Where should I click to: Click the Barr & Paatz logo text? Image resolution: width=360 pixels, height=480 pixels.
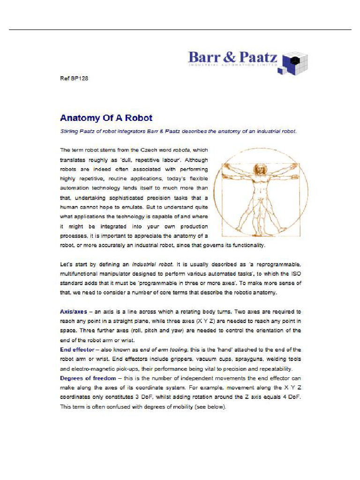[x=232, y=58]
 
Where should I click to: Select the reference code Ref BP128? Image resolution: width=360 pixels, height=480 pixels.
[x=74, y=78]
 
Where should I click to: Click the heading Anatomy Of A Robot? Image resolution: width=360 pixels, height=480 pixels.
[x=106, y=118]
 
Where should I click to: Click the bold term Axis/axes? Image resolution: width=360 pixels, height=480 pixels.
[x=73, y=312]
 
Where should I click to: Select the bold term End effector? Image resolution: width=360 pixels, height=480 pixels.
[x=77, y=350]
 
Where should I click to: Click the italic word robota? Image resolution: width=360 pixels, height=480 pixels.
[x=181, y=150]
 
